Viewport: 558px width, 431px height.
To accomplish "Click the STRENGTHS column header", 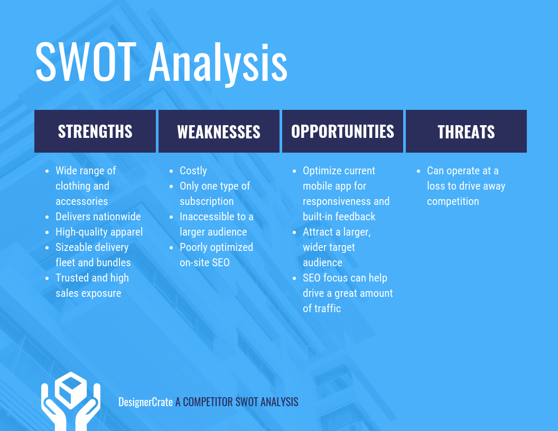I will pyautogui.click(x=95, y=132).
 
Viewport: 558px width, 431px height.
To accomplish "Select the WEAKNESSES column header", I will pyautogui.click(x=219, y=132).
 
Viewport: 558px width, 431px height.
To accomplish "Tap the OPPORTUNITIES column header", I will pyautogui.click(x=342, y=132).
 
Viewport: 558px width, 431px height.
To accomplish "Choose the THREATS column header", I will pyautogui.click(x=466, y=132).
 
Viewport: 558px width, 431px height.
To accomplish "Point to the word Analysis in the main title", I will pyautogui.click(x=218, y=62).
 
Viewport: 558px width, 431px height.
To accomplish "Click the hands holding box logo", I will pyautogui.click(x=71, y=401).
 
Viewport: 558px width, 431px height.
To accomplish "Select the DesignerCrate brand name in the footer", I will pyautogui.click(x=145, y=402).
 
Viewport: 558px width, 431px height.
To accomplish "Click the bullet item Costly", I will pyautogui.click(x=193, y=171).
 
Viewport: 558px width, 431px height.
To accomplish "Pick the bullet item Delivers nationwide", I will pyautogui.click(x=98, y=217).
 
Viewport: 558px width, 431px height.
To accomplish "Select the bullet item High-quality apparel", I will pyautogui.click(x=99, y=232).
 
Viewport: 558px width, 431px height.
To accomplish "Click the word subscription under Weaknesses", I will pyautogui.click(x=207, y=201).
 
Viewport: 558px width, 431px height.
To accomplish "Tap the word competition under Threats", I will pyautogui.click(x=453, y=201).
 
